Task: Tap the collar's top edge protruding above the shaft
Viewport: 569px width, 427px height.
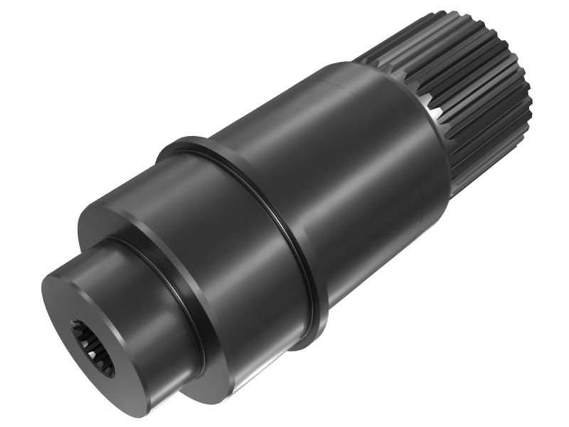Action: click(x=181, y=142)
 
